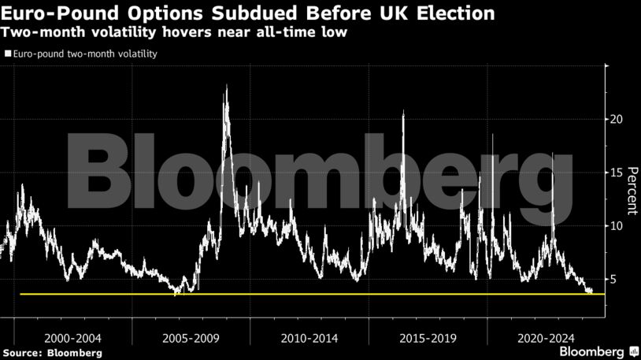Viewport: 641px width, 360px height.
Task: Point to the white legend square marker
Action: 7,54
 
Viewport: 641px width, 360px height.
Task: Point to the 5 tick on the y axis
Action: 614,280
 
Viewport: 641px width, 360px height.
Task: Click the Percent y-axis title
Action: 632,192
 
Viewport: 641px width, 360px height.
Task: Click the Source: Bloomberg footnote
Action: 51,352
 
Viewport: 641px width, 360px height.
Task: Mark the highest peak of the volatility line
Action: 226,86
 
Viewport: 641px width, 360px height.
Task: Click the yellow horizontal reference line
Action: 315,294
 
